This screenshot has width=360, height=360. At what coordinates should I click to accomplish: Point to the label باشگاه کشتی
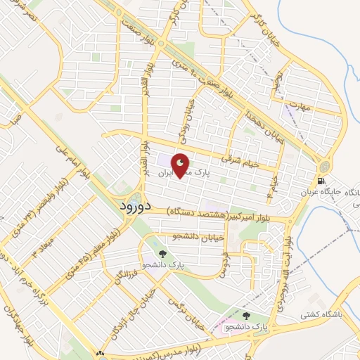[333, 296]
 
